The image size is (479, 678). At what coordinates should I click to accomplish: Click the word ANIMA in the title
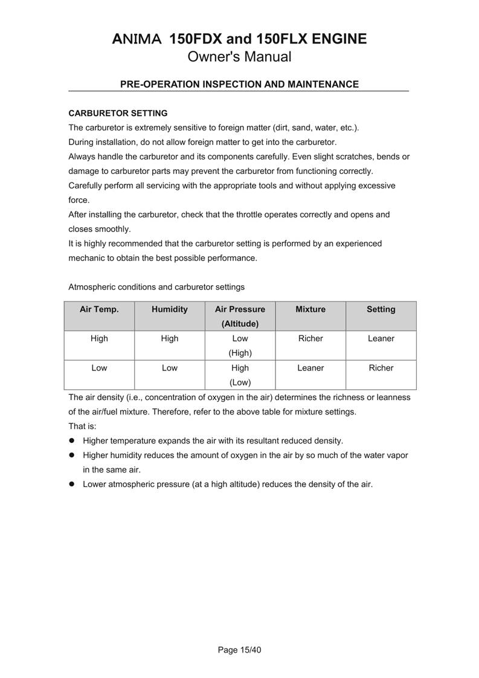pos(137,39)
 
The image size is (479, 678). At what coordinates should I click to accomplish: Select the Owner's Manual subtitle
pos(239,57)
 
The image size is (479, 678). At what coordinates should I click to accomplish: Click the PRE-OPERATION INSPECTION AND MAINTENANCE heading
pos(239,84)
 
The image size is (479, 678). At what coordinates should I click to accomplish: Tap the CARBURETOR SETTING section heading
pos(118,113)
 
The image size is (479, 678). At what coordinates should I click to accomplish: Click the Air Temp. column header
pos(99,309)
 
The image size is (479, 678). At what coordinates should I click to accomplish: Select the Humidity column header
pos(170,309)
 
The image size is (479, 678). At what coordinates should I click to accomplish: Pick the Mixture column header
pos(310,309)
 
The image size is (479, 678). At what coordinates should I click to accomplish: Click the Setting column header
pos(381,309)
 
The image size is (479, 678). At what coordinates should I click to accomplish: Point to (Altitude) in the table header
pos(240,323)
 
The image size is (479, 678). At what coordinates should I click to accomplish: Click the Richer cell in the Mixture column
pos(310,338)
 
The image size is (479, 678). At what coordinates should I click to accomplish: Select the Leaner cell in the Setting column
pos(381,338)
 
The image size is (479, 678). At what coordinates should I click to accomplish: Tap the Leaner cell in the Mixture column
pos(310,367)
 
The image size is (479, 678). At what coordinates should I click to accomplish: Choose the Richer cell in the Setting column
pos(381,367)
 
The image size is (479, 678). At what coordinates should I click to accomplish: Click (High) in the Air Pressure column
pos(240,353)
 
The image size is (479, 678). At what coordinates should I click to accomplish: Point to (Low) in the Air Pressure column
pos(240,382)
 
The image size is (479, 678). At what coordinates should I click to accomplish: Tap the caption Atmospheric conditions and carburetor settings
pos(156,287)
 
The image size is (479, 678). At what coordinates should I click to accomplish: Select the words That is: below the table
pos(82,426)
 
